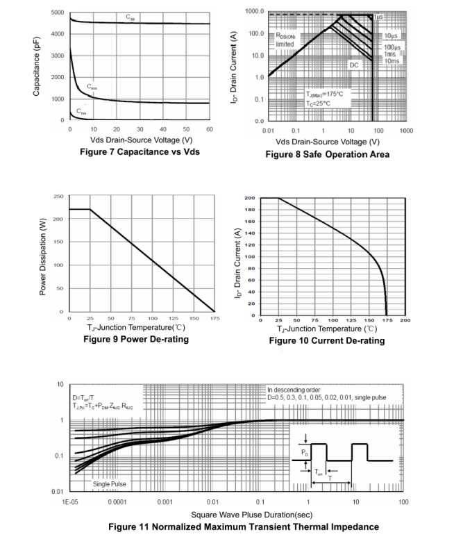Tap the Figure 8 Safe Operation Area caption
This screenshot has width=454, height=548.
pyautogui.click(x=335, y=154)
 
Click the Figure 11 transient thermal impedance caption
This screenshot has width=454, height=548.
pyautogui.click(x=243, y=526)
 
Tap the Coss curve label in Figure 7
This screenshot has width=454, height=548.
pyautogui.click(x=92, y=88)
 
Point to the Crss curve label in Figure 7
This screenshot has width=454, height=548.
pyautogui.click(x=82, y=111)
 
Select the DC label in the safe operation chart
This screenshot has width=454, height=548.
pyautogui.click(x=354, y=64)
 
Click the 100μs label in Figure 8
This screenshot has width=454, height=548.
pyautogui.click(x=392, y=47)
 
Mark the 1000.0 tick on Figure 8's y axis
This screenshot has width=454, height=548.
pyautogui.click(x=255, y=12)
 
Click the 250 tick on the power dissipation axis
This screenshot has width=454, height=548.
pyautogui.click(x=60, y=197)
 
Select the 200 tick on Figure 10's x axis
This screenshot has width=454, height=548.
pyautogui.click(x=405, y=320)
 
